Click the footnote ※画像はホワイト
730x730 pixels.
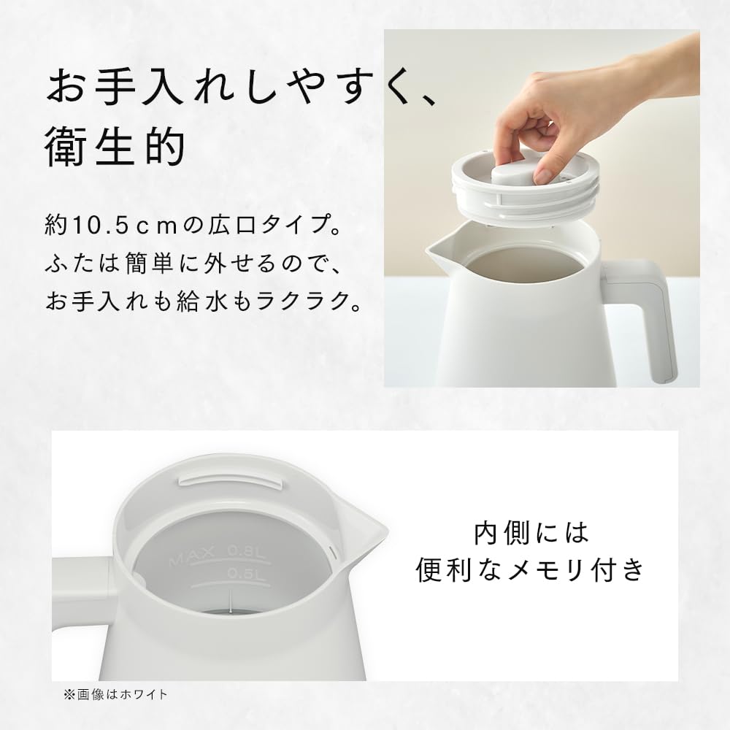click(x=115, y=694)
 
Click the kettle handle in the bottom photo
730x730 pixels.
click(x=80, y=591)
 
